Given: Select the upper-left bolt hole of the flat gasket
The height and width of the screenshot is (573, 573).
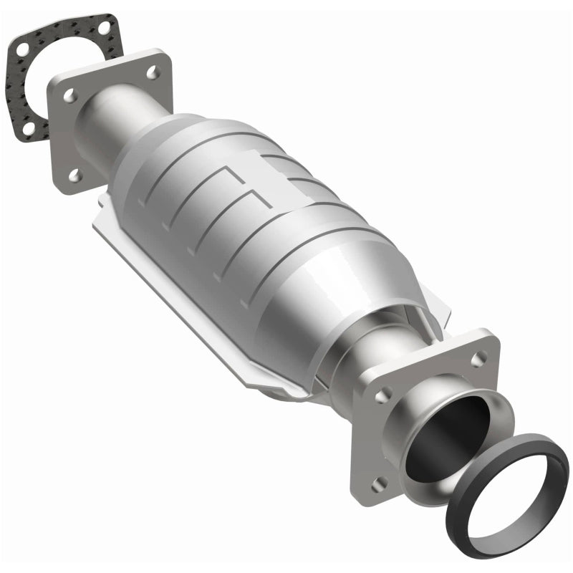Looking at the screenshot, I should tap(23, 49).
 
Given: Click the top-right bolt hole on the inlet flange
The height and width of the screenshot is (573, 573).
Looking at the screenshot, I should tap(152, 72).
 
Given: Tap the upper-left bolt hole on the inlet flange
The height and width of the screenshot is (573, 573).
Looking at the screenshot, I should tap(69, 94).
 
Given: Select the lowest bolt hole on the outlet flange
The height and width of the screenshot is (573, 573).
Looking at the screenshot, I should tap(377, 481).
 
